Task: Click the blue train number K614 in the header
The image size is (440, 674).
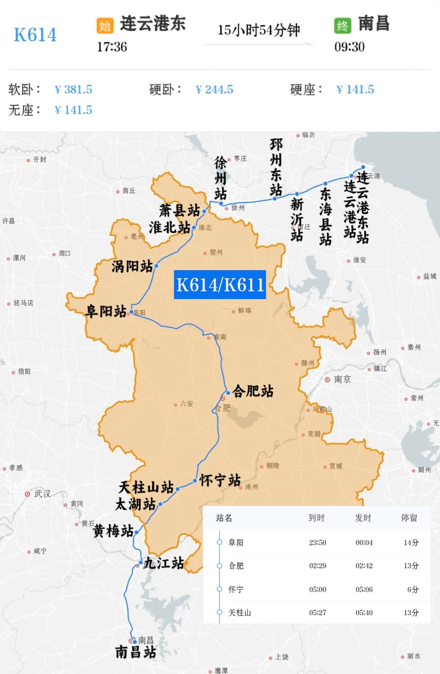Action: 35,35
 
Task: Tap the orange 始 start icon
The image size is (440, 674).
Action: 105,25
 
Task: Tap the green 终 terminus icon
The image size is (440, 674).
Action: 342,25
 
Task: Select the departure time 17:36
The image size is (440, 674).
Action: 112,47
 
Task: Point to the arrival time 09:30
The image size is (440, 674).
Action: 349,47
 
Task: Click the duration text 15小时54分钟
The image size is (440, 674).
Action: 258,30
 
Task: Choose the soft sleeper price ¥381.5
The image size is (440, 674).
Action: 73,89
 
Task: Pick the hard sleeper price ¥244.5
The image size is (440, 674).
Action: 214,89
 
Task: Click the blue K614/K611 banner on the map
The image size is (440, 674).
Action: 220,284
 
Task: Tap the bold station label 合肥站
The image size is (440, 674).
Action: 253,391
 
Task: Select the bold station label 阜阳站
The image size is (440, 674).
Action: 106,312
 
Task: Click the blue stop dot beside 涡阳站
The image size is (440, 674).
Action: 156,266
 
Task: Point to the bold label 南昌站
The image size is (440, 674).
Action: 135,652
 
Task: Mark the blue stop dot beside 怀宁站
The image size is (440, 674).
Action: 195,480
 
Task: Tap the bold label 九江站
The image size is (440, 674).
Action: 163,563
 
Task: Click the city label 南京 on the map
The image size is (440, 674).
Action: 342,379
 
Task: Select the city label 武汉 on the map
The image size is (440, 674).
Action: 42,494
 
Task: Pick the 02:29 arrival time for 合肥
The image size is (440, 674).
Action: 317,566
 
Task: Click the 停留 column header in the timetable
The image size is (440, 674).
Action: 409,518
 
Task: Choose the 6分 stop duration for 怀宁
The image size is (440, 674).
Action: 412,589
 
